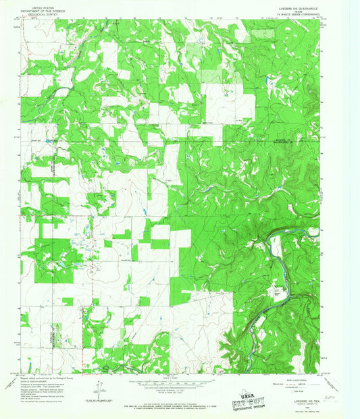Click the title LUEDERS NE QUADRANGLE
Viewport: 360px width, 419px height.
click(x=292, y=9)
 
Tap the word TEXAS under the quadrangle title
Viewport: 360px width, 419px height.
click(x=292, y=12)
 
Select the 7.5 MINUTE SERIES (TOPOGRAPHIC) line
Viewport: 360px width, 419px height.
click(x=292, y=16)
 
